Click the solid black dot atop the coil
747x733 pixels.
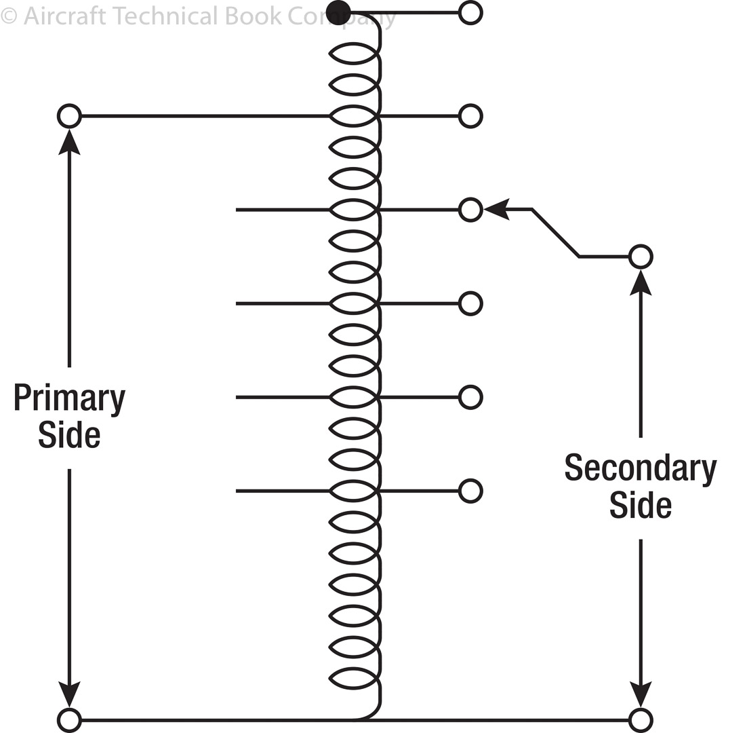tap(338, 12)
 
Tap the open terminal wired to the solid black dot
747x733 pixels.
tap(470, 12)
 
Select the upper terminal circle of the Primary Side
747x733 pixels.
tap(69, 116)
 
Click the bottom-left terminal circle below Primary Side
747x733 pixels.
tap(69, 719)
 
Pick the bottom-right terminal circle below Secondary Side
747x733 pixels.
tap(640, 719)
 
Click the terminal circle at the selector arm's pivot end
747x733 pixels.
tap(640, 257)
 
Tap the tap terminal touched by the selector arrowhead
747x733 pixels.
tap(470, 210)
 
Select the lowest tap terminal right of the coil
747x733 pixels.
tap(470, 490)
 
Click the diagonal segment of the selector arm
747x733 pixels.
tap(556, 233)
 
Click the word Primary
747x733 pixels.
tap(69, 398)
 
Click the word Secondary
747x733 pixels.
tap(640, 468)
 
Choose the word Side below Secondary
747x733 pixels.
tap(640, 505)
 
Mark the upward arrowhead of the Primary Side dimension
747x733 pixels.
tap(69, 143)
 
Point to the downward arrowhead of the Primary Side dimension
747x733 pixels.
tap(69, 694)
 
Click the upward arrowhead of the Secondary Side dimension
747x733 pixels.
tap(640, 282)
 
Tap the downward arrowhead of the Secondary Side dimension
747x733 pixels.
tap(640, 694)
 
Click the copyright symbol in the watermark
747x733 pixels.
tap(8, 15)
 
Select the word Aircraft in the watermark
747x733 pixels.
tap(64, 15)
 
